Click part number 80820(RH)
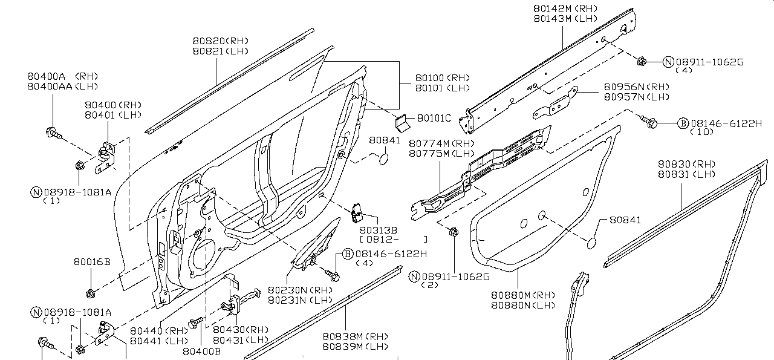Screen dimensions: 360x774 [221, 41]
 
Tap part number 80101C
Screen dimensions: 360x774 [434, 117]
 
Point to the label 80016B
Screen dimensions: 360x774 [92, 262]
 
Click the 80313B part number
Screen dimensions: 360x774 [378, 230]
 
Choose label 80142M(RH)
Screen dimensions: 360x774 [561, 8]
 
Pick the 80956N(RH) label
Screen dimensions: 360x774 [637, 87]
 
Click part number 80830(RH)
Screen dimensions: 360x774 [687, 165]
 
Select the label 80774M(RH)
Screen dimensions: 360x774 [441, 143]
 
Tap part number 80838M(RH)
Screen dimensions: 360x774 [354, 336]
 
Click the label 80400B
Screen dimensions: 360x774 [201, 351]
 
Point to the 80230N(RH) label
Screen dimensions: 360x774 [301, 290]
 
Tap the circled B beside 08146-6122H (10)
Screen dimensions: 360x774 [682, 123]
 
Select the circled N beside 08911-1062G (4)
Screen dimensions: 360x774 [668, 62]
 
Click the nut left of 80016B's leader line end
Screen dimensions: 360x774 [91, 295]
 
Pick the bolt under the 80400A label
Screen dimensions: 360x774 [53, 133]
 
